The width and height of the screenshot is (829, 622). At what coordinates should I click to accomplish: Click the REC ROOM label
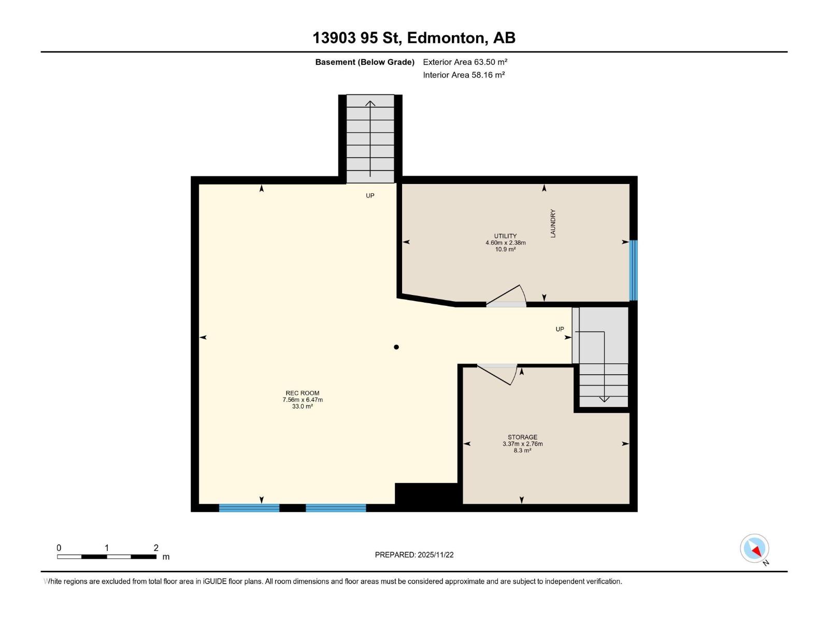302,393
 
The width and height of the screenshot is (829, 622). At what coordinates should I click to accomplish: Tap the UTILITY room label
505,236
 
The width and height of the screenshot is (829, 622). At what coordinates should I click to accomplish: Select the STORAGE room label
522,437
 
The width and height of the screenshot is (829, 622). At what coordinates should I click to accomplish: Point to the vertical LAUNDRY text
553,223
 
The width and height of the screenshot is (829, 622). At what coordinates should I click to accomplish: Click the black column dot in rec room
396,347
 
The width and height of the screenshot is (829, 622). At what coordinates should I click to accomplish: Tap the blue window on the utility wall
633,270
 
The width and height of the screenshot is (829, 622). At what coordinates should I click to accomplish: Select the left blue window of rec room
249,508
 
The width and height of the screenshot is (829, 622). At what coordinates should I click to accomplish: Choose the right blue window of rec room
336,508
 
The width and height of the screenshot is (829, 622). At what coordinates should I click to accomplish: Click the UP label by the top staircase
370,195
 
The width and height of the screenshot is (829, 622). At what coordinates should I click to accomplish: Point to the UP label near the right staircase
560,329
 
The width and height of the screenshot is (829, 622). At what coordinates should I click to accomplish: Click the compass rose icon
754,548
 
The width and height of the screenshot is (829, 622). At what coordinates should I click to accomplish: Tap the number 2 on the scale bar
156,547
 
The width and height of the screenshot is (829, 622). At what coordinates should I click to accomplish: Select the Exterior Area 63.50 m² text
465,62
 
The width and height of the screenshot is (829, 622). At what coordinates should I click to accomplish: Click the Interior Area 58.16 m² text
464,75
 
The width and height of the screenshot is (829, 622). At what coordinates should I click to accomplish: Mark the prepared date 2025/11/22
436,555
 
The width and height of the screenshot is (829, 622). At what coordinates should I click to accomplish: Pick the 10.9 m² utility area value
505,249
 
